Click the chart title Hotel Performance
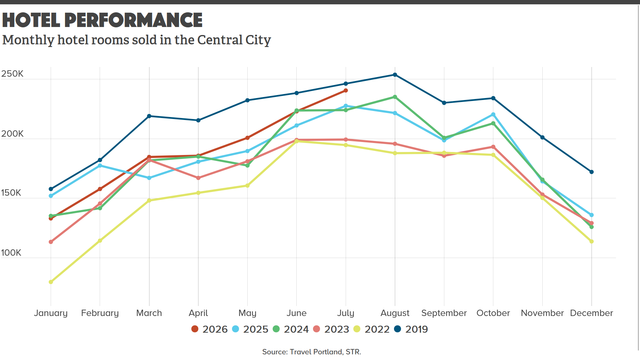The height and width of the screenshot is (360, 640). pos(102,20)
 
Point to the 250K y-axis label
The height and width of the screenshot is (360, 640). pos(12,74)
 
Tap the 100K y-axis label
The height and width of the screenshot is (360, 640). pos(11,253)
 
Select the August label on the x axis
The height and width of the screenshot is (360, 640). pos(395,313)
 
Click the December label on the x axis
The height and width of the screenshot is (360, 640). pos(591,313)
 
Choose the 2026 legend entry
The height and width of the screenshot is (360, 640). pos(209,329)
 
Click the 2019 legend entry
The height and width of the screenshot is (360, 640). pos(411,329)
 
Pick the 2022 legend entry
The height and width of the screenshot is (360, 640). pos(371,329)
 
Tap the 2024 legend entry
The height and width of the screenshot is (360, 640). pos(290,329)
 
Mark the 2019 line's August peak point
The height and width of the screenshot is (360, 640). pos(395,75)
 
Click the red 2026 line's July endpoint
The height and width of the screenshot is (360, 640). pos(346,90)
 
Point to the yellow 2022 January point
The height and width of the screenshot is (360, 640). pos(51,282)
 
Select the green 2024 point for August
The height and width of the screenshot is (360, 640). pos(395,97)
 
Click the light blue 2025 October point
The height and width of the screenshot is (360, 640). pos(493,115)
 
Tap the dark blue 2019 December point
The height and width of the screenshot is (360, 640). pos(591,172)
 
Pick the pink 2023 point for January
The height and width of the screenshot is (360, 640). pos(51,242)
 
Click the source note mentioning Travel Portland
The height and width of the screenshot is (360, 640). pos(311,352)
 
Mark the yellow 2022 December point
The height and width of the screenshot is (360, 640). pos(591,242)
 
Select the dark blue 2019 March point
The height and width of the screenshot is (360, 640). pos(149,116)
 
